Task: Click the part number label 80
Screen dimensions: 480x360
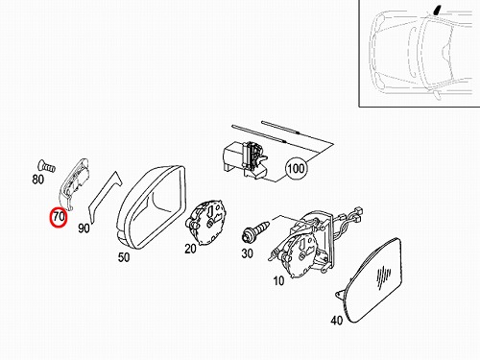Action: point(37,180)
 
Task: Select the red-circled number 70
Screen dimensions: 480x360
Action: point(59,217)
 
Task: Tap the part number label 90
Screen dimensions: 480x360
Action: point(84,228)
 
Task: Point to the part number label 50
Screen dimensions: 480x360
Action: point(124,257)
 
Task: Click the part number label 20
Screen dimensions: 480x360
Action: point(190,249)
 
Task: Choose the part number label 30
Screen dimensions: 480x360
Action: point(247,253)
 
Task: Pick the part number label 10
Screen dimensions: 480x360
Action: point(278,280)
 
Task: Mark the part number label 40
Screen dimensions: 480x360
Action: point(337,320)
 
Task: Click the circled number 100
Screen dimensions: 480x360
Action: point(296,168)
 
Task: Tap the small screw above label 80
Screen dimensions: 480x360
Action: point(47,166)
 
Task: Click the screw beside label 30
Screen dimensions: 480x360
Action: point(256,230)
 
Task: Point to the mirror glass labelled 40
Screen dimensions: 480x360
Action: point(372,280)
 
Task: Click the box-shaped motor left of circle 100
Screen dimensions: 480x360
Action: point(245,159)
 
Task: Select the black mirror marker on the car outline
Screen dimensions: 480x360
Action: point(437,11)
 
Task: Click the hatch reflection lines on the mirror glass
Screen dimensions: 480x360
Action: point(383,276)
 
